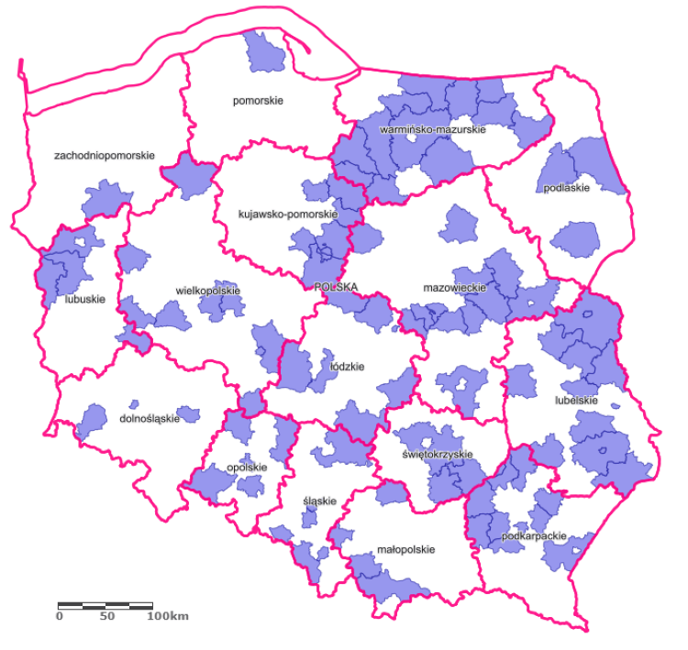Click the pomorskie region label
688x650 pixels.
(258, 101)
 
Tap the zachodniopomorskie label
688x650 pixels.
(105, 156)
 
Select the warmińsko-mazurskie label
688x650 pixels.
(432, 130)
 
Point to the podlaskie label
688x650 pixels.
(566, 188)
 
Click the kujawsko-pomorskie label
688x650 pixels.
(288, 215)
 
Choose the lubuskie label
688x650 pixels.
(86, 299)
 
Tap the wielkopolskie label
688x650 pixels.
(208, 292)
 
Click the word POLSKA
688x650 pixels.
(335, 286)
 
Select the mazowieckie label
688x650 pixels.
(453, 288)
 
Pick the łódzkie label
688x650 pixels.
(348, 367)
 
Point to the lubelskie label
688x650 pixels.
(577, 401)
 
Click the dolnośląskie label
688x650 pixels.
(150, 419)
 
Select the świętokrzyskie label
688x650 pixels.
(438, 455)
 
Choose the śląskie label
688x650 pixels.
(320, 501)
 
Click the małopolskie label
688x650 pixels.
(405, 550)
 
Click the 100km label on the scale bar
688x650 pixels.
(168, 616)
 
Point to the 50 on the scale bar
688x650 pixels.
(106, 616)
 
